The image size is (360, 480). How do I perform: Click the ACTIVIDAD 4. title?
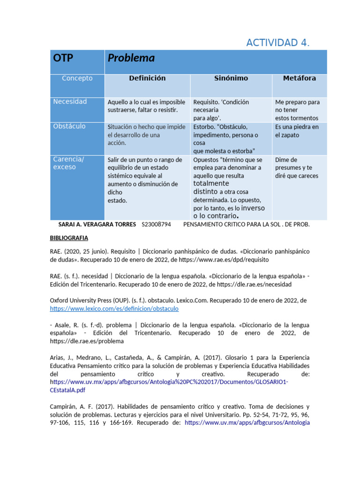pos(278,43)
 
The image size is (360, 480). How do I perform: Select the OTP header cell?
pos(63,58)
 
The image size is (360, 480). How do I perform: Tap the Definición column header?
pos(147,78)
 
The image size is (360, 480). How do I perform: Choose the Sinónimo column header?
pos(231,78)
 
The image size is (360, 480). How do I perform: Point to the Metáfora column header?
pos(299,78)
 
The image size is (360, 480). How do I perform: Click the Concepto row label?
pos(77,78)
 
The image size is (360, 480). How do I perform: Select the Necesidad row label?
pos(70,102)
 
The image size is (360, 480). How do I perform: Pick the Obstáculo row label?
pos(69,127)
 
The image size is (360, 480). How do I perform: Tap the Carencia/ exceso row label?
pos(68,163)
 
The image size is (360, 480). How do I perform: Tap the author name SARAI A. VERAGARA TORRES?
pos(97,225)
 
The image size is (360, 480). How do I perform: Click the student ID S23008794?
pos(156,225)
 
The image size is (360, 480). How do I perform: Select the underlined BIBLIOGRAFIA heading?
pos(69,238)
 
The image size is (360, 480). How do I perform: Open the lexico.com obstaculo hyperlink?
pos(114,309)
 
